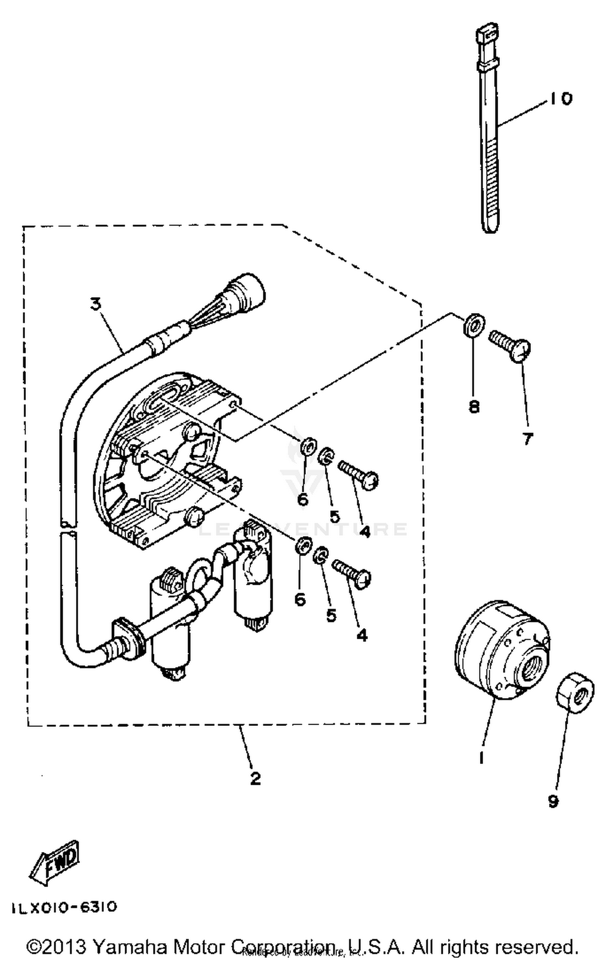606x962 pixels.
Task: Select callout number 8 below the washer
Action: [474, 406]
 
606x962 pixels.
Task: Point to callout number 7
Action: [527, 438]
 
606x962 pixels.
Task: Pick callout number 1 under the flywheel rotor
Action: [481, 757]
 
